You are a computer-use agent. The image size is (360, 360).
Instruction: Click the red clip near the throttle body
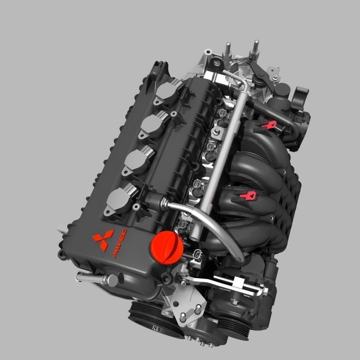(x=269, y=125)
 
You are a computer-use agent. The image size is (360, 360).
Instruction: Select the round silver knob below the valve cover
(x=113, y=280)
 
